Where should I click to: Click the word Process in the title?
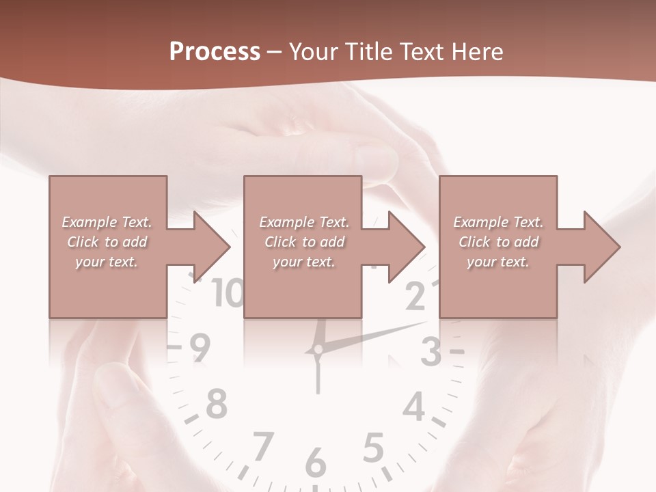click(215, 52)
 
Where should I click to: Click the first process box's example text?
click(107, 242)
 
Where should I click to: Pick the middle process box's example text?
click(304, 242)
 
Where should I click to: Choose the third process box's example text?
click(498, 242)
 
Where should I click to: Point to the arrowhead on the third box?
click(601, 247)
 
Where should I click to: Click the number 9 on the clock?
click(200, 348)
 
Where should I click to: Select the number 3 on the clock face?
click(430, 353)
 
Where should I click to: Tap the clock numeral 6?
click(315, 463)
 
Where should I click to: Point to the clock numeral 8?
click(216, 404)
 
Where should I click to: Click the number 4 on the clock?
click(414, 407)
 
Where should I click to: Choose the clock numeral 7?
click(262, 447)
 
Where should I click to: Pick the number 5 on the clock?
click(372, 449)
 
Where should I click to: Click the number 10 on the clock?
click(228, 294)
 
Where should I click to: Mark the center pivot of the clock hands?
click(317, 351)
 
